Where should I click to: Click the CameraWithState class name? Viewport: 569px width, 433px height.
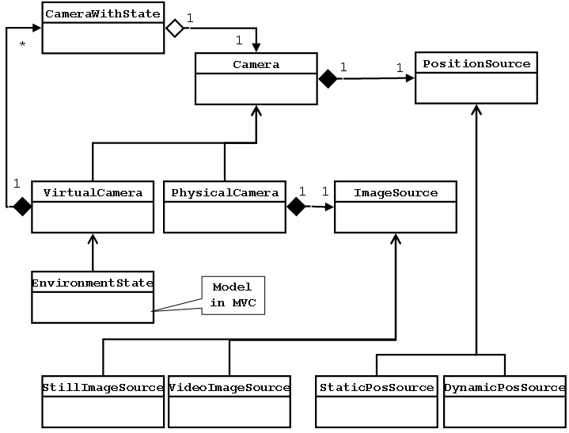pyautogui.click(x=102, y=13)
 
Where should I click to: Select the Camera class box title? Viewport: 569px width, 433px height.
pyautogui.click(x=256, y=64)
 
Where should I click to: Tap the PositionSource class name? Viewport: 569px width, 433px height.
pyautogui.click(x=476, y=64)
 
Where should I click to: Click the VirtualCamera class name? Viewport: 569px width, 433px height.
pyautogui.click(x=93, y=192)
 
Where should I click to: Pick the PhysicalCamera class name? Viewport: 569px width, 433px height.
pyautogui.click(x=225, y=192)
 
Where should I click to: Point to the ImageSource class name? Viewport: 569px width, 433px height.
pyautogui.click(x=396, y=192)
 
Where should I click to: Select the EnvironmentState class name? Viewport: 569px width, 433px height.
pyautogui.click(x=93, y=282)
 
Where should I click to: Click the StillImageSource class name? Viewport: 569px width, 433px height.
pyautogui.click(x=103, y=388)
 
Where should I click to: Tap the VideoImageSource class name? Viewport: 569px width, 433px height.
pyautogui.click(x=229, y=388)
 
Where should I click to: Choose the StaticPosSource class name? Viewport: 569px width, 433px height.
pyautogui.click(x=377, y=388)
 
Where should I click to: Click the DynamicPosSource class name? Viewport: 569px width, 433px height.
pyautogui.click(x=504, y=388)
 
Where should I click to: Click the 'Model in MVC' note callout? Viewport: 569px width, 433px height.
pyautogui.click(x=233, y=296)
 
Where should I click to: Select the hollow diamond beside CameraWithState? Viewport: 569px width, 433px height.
pyautogui.click(x=173, y=28)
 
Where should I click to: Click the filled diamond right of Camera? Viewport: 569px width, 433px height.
pyautogui.click(x=328, y=78)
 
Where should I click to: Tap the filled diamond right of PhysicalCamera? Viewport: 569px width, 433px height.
pyautogui.click(x=296, y=207)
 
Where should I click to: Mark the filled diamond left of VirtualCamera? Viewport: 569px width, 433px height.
pyautogui.click(x=21, y=207)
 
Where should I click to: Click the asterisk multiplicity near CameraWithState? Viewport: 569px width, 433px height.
pyautogui.click(x=22, y=44)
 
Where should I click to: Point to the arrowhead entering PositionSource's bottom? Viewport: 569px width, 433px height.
pyautogui.click(x=476, y=110)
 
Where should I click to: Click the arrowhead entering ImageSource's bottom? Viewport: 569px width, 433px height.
pyautogui.click(x=396, y=238)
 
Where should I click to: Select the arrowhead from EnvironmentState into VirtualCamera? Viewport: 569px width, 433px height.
pyautogui.click(x=93, y=238)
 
